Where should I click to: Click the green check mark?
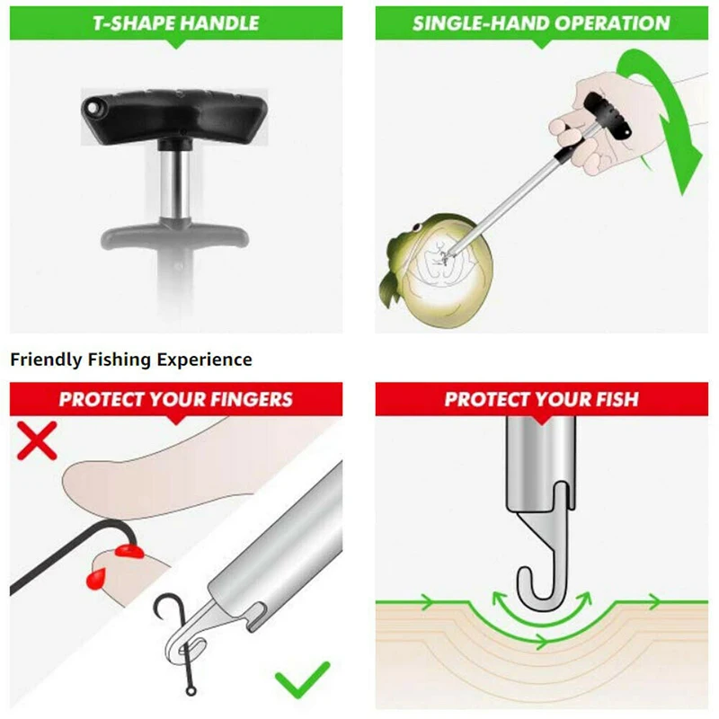tap(303, 681)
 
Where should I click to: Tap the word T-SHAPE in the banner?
tap(131, 23)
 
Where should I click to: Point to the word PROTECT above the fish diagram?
tap(486, 399)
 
